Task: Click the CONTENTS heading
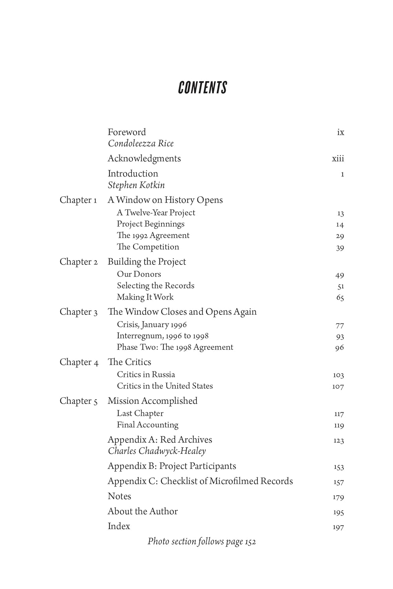203,88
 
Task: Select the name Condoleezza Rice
141,144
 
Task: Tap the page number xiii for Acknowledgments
338,159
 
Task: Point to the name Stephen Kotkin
136,185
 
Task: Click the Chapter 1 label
78,200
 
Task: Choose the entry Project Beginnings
150,224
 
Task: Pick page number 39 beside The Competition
340,248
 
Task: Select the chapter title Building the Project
147,262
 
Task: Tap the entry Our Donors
139,274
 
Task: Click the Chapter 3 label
79,312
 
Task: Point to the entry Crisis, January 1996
152,325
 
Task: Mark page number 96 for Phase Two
340,348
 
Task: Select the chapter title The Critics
129,362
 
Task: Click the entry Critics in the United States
165,386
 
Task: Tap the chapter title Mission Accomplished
152,401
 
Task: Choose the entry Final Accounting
147,425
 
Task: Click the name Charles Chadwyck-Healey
157,451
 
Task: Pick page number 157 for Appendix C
338,482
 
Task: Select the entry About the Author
143,511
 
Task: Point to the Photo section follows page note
202,542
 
